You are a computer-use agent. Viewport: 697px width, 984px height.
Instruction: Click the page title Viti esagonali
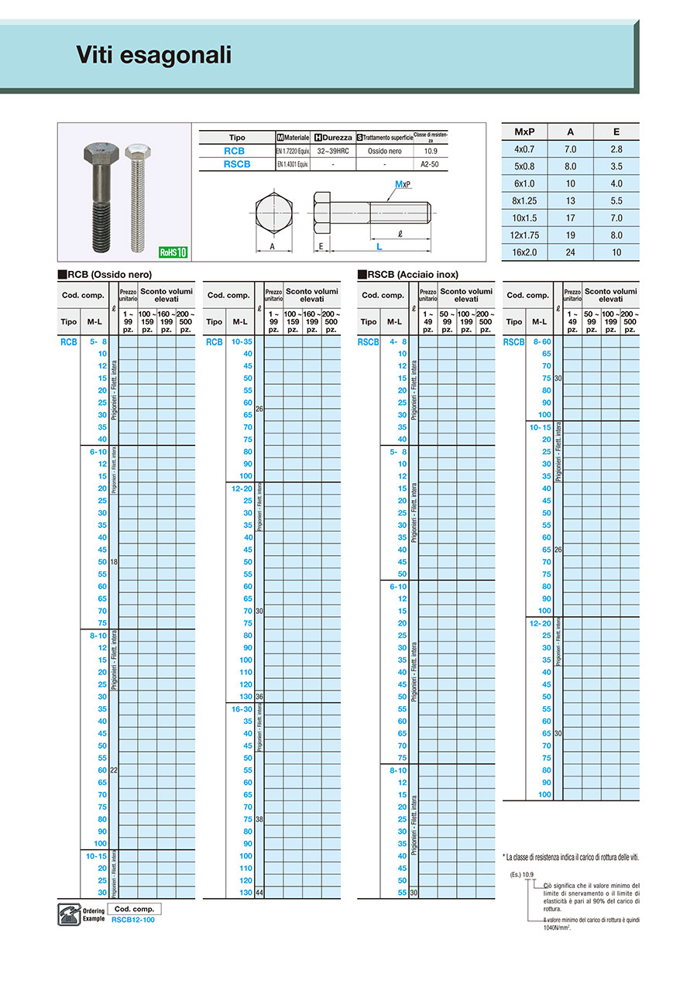[x=153, y=55]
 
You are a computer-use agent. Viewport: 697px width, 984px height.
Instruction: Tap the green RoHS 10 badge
[x=173, y=252]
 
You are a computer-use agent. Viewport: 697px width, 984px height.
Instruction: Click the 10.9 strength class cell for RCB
[x=431, y=151]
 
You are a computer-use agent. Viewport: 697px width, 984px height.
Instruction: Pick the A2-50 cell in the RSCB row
[x=431, y=164]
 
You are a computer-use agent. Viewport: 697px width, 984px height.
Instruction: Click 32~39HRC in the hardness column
[x=332, y=151]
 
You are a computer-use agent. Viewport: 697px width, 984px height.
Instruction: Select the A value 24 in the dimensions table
[x=571, y=252]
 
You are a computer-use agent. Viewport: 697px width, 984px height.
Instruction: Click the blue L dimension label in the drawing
[x=379, y=247]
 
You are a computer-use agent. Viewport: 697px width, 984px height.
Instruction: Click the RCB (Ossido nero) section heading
[x=105, y=274]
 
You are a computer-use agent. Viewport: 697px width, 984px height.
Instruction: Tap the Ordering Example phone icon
[x=67, y=914]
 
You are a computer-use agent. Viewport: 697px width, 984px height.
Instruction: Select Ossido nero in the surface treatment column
[x=386, y=151]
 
